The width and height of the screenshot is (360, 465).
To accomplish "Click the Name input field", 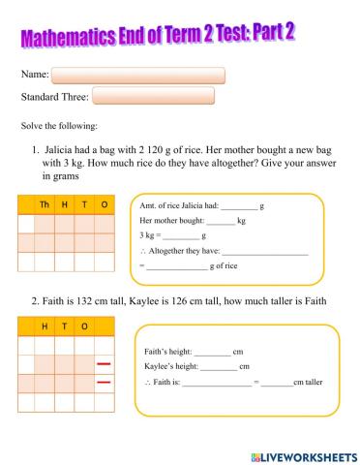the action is point(137,75).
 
